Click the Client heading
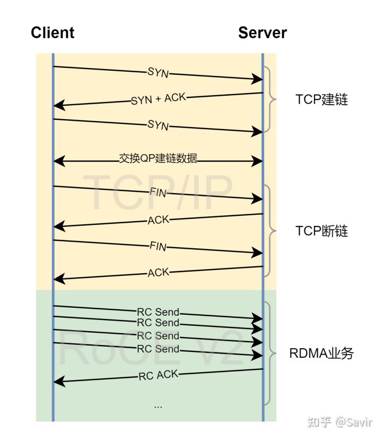(x=53, y=32)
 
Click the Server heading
(x=262, y=32)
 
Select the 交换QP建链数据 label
(x=158, y=158)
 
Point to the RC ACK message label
(x=158, y=375)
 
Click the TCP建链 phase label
(x=322, y=99)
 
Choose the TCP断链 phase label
(x=322, y=231)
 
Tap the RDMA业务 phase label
(x=321, y=353)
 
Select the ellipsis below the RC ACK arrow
(x=158, y=406)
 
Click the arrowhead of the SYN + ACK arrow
(x=58, y=106)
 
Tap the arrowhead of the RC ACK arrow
(x=58, y=381)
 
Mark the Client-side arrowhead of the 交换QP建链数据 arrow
(x=58, y=159)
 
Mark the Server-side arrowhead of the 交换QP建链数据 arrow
(x=258, y=159)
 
